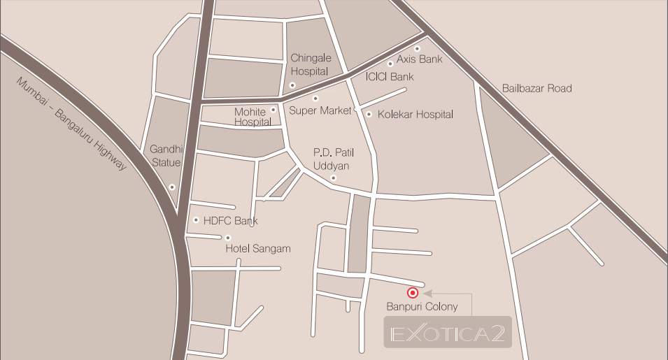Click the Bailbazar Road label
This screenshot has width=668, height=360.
[x=536, y=88]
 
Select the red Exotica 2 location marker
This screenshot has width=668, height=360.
[x=413, y=293]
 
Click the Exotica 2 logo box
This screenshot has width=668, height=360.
[x=448, y=332]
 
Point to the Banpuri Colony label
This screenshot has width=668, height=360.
[x=422, y=307]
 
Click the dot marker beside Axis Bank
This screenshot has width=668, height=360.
[x=417, y=49]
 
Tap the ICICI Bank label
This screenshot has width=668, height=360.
[x=390, y=77]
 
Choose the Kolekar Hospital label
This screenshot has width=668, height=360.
[x=415, y=114]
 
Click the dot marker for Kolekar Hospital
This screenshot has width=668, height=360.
[x=369, y=114]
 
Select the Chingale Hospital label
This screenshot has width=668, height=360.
[x=309, y=65]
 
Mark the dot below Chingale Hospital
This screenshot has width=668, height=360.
[x=292, y=85]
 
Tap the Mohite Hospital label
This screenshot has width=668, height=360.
[x=252, y=117]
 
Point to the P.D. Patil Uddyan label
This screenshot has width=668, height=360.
[x=330, y=159]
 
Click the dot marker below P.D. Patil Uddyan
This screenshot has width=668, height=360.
[x=334, y=178]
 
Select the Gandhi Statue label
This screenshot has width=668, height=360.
[x=166, y=156]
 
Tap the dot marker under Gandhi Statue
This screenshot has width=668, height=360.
[x=172, y=187]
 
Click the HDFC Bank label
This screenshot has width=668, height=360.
[x=230, y=221]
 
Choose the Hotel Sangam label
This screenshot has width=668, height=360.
[x=257, y=249]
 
